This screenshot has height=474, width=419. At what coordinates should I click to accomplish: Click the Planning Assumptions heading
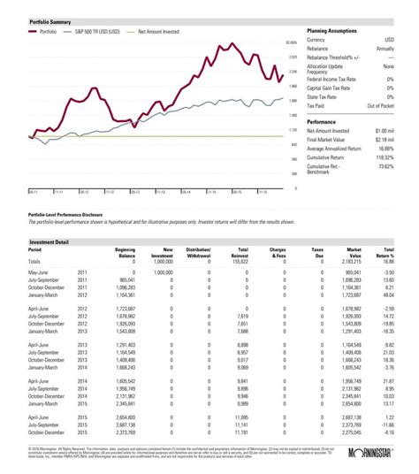332,28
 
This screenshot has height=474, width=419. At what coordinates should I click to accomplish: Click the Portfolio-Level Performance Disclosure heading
72,214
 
